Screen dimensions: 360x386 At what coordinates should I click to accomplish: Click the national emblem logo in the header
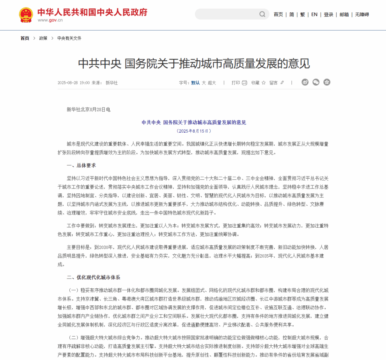[26, 14]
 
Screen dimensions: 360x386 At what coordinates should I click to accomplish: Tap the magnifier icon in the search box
[262, 14]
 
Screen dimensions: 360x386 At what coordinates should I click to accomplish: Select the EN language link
[314, 14]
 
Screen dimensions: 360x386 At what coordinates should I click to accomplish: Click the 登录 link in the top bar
[328, 14]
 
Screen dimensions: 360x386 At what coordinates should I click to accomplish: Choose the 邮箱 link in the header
[344, 14]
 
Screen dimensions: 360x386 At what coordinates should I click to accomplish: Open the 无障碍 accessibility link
[362, 14]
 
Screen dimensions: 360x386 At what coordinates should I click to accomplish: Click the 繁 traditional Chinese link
[302, 14]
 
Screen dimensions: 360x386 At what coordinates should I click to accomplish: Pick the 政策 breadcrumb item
[43, 38]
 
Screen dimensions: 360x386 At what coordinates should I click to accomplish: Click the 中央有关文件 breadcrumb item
[69, 38]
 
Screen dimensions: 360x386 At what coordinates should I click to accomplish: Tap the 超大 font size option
[212, 83]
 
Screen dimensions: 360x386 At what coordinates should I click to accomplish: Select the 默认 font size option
[195, 83]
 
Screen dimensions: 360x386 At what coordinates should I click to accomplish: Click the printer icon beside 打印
[244, 83]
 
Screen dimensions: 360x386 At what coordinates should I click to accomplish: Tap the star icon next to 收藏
[263, 83]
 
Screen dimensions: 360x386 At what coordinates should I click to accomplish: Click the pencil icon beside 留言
[282, 83]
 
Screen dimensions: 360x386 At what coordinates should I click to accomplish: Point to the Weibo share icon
[305, 82]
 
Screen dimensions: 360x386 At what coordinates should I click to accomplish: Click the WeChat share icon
[316, 82]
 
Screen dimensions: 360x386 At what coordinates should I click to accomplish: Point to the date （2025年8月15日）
[193, 131]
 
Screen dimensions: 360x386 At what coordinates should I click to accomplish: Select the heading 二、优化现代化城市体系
[93, 277]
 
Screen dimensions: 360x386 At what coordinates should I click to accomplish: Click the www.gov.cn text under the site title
[50, 20]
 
